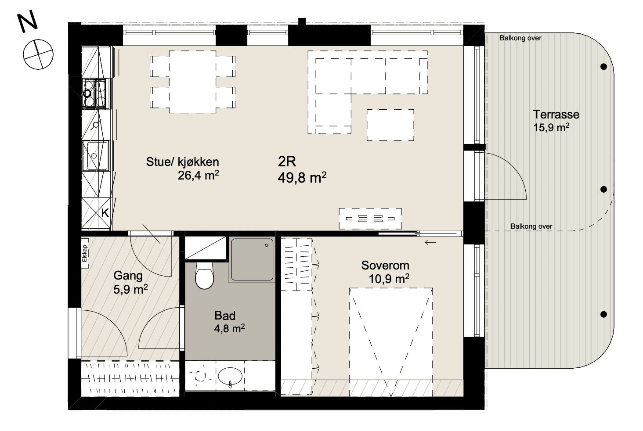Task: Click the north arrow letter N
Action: [28, 22]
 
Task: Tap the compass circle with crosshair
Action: [38, 54]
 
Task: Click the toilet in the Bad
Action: [205, 275]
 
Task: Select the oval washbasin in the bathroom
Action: [230, 376]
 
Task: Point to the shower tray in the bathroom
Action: [252, 259]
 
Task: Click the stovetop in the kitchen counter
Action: [94, 93]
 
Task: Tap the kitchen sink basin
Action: [96, 156]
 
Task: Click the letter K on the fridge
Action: [105, 213]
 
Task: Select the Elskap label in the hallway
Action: [84, 253]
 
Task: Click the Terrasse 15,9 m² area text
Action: [551, 128]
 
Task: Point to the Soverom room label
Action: [385, 265]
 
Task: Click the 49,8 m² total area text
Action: [302, 177]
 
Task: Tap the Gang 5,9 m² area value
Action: [130, 289]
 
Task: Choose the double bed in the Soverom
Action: [391, 342]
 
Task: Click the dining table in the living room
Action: [192, 82]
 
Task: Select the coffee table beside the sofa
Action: [390, 125]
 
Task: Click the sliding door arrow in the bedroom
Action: [430, 243]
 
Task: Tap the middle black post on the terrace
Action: [603, 189]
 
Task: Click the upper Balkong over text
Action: [520, 38]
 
